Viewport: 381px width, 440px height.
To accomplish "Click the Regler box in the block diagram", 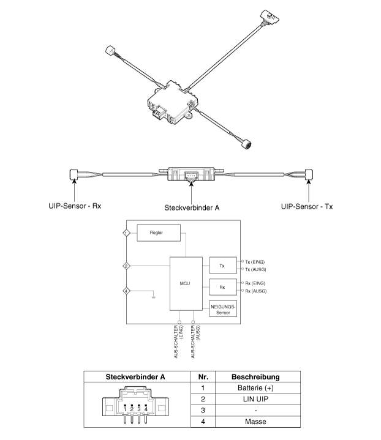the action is click(159, 233).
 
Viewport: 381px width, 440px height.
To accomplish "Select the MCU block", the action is click(186, 284).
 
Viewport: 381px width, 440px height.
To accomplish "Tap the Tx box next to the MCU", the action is click(223, 265).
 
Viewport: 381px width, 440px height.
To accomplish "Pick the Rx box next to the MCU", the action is click(223, 287).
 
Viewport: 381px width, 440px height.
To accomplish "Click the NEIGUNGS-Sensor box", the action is click(223, 308).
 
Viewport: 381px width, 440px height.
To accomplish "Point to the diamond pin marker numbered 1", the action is click(126, 233).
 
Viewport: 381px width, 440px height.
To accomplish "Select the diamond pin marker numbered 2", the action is click(126, 266).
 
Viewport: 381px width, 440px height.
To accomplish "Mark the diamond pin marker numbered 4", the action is click(126, 291).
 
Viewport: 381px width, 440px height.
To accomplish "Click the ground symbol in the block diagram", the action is click(153, 297).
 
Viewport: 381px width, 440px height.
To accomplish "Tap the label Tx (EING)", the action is click(255, 262).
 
